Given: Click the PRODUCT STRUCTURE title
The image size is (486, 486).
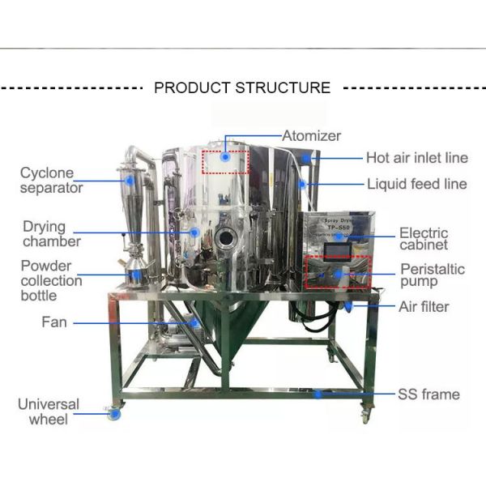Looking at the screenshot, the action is (x=242, y=87).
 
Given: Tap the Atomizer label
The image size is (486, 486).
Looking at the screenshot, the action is (x=311, y=136).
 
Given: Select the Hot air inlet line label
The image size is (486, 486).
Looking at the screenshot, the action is (x=416, y=158).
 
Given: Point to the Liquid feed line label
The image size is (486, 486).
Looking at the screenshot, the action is (x=416, y=184).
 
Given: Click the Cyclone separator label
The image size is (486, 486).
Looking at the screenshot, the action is (x=52, y=180).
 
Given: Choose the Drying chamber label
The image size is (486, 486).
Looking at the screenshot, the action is (x=52, y=234).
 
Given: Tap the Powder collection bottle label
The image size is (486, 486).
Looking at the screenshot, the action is (x=52, y=280).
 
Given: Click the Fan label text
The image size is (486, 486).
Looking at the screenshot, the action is (x=54, y=322).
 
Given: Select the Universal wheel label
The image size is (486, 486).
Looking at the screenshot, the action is (x=49, y=411).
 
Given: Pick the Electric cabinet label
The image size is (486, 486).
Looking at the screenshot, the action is (x=434, y=240).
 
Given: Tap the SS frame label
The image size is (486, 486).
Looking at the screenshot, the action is (x=428, y=394).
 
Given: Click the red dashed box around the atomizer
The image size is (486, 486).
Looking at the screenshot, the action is (x=226, y=162).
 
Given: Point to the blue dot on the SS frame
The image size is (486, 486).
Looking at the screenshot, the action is (x=320, y=394).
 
